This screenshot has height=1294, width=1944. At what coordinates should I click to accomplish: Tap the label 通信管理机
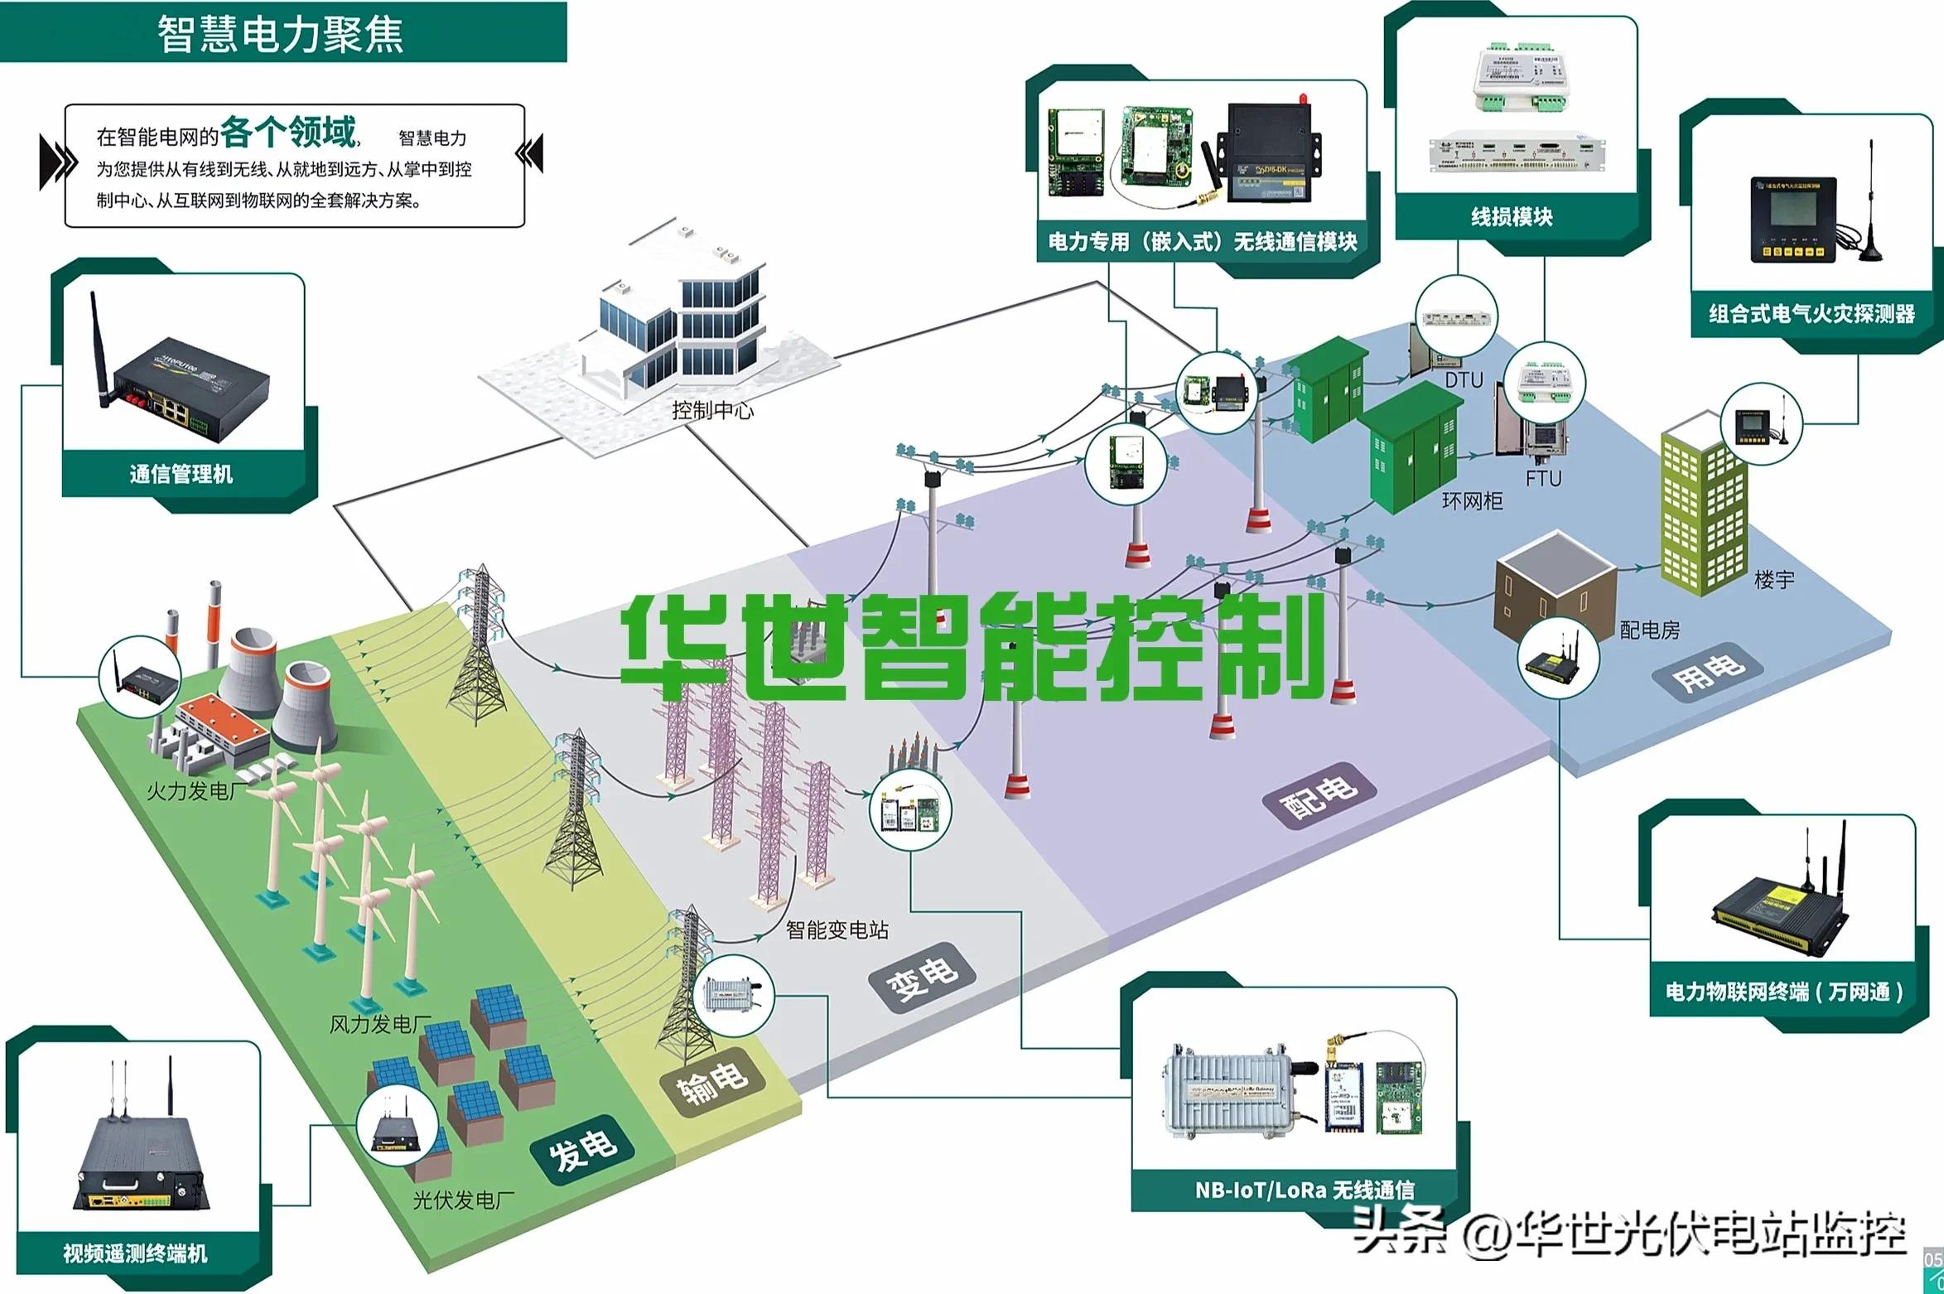point(181,474)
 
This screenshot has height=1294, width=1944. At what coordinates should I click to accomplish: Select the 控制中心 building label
point(712,410)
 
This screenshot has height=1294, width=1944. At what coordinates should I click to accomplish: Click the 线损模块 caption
point(1512,217)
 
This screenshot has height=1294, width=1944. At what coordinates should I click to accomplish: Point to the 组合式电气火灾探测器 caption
point(1811,314)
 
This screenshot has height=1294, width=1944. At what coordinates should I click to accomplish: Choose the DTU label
point(1464,380)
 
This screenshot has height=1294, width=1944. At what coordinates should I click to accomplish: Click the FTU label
point(1543,479)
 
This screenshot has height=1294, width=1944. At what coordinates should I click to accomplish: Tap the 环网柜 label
point(1472,501)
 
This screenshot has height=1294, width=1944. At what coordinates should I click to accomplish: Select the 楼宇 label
point(1774,580)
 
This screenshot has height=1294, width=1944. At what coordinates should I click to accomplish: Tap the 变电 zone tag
point(922,979)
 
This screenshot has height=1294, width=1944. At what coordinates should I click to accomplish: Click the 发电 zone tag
point(583,1151)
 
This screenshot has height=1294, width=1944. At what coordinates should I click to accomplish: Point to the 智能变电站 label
point(837,930)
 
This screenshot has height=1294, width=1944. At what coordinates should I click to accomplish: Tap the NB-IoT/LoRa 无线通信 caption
point(1304,1190)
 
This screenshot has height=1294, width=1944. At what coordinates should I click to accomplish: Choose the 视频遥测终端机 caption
point(135,1253)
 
